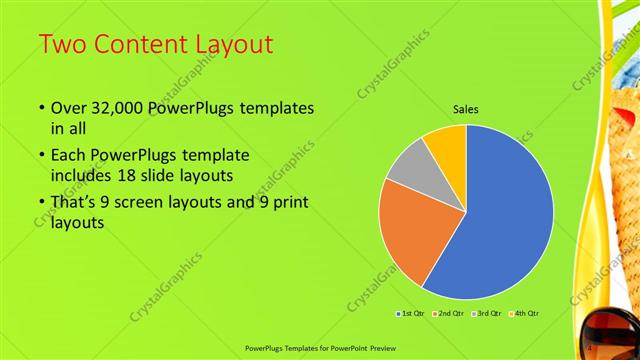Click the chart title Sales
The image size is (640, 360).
[x=466, y=109]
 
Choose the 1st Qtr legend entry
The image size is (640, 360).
[x=411, y=314]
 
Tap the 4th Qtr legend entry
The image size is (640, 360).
[x=526, y=314]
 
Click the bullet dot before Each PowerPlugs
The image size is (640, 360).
[x=40, y=156]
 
